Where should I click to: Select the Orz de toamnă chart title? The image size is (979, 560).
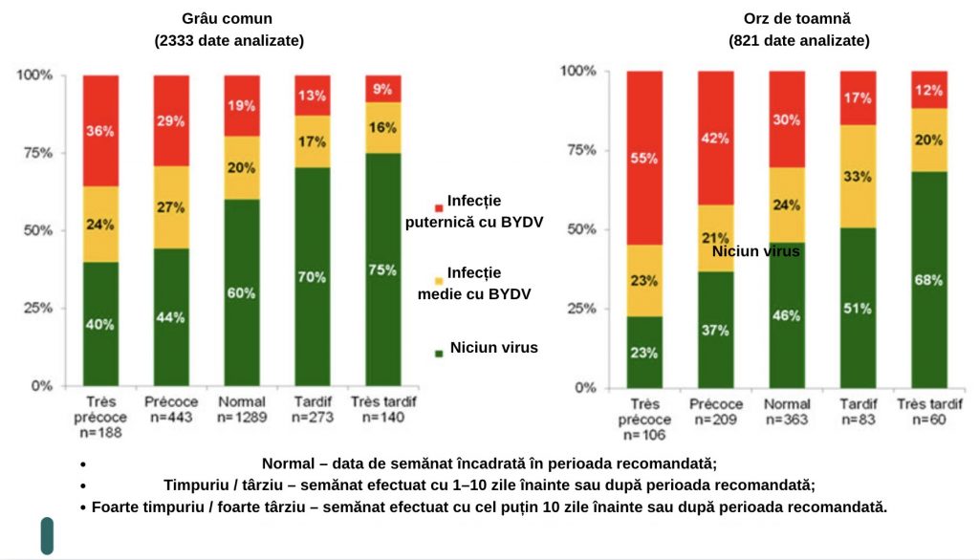pyautogui.click(x=798, y=18)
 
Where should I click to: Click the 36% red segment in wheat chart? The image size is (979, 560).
pyautogui.click(x=100, y=131)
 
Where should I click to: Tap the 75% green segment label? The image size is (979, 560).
pyautogui.click(x=382, y=270)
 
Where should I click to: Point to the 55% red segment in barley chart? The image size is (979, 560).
pyautogui.click(x=643, y=159)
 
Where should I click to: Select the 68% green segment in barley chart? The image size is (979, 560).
pyautogui.click(x=929, y=280)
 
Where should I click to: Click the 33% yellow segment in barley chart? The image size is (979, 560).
pyautogui.click(x=858, y=176)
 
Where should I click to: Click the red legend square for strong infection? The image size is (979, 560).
pyautogui.click(x=439, y=207)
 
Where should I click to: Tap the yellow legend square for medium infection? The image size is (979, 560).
pyautogui.click(x=439, y=280)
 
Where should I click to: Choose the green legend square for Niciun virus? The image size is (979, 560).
pyautogui.click(x=439, y=353)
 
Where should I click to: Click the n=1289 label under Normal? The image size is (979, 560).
pyautogui.click(x=241, y=418)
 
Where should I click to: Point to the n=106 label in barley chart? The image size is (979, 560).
pyautogui.click(x=643, y=435)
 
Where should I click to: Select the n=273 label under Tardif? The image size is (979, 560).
pyautogui.click(x=312, y=418)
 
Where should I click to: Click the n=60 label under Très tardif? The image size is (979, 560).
pyautogui.click(x=929, y=420)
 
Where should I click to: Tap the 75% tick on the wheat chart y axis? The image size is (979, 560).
pyautogui.click(x=37, y=152)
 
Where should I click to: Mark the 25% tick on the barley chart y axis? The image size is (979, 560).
pyautogui.click(x=585, y=309)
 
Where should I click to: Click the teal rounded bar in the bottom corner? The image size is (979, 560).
pyautogui.click(x=47, y=535)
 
